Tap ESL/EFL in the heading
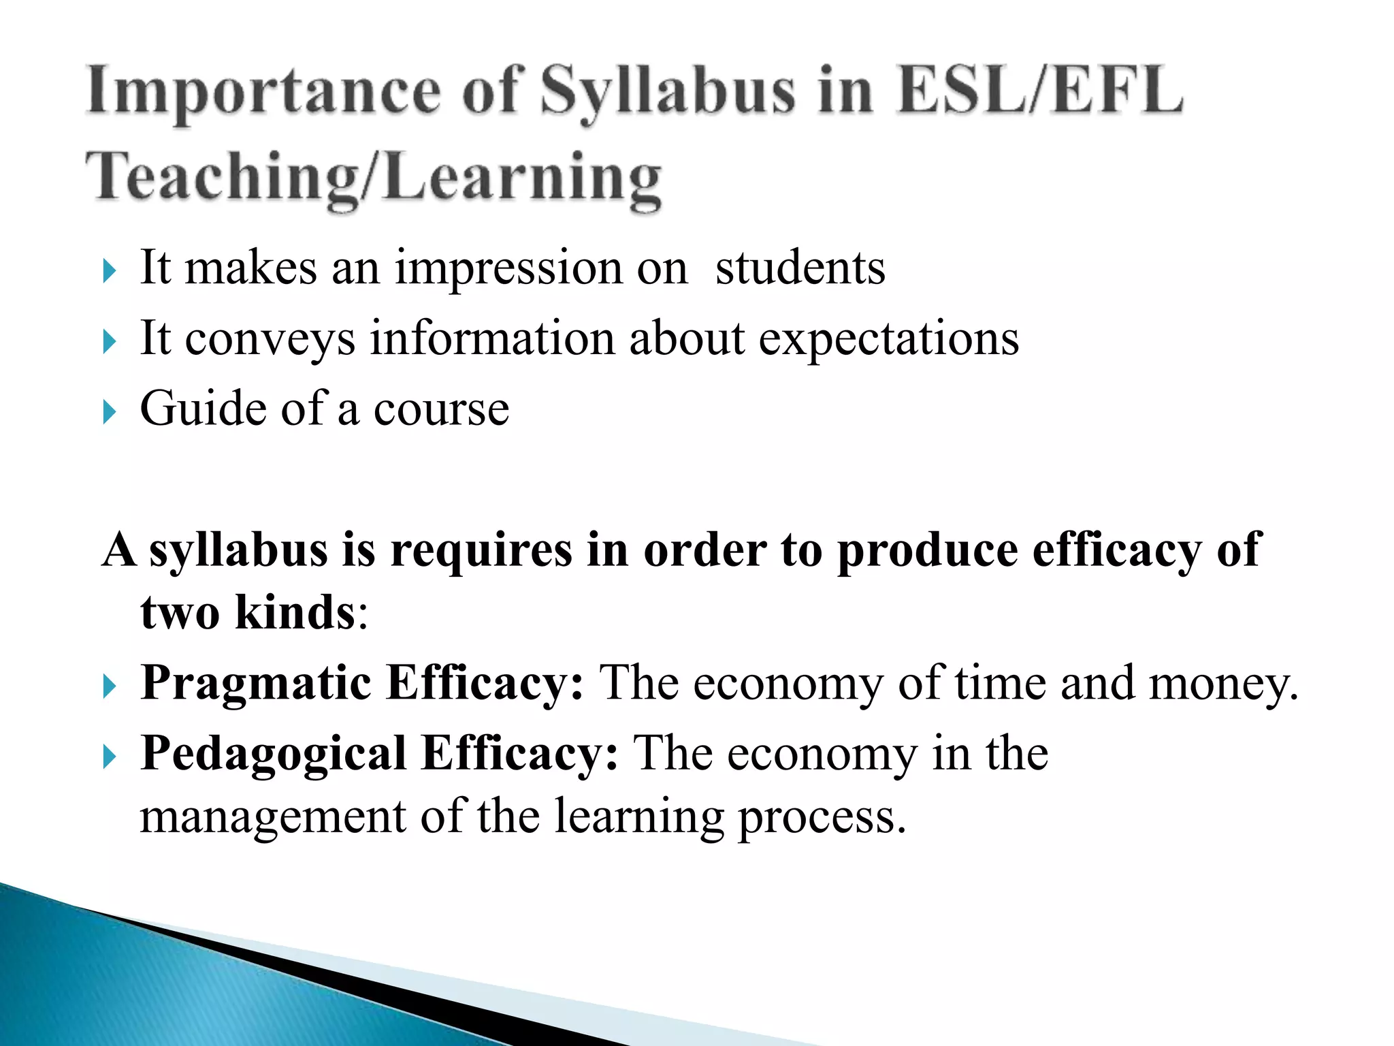coord(1040,91)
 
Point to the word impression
coord(508,269)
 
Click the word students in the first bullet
coord(800,268)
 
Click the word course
coord(441,410)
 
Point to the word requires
coord(481,550)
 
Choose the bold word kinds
coord(295,612)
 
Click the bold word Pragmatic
coord(256,684)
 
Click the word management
coord(273,817)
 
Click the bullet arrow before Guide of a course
coord(110,412)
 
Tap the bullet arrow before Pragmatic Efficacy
coord(110,686)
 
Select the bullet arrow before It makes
coord(110,271)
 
